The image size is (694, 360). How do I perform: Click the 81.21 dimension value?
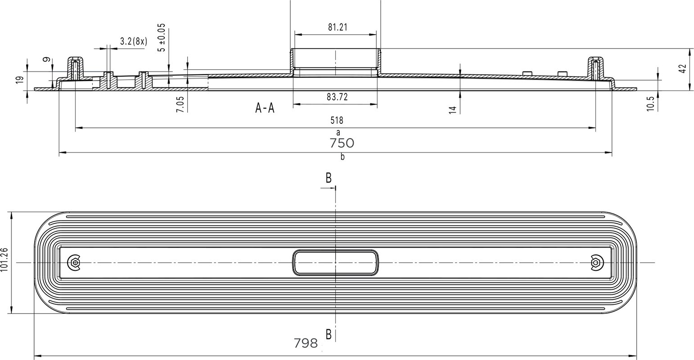pyautogui.click(x=338, y=27)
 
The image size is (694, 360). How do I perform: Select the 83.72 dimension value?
pyautogui.click(x=337, y=97)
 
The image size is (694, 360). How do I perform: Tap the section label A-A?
pyautogui.click(x=265, y=108)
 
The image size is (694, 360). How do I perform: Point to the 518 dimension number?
pyautogui.click(x=337, y=120)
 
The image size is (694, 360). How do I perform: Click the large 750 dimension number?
pyautogui.click(x=342, y=143)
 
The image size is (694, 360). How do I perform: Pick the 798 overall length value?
pyautogui.click(x=306, y=343)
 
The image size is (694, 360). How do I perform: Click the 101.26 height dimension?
pyautogui.click(x=4, y=260)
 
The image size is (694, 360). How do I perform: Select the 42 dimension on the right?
pyautogui.click(x=683, y=68)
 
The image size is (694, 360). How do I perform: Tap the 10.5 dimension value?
pyautogui.click(x=650, y=103)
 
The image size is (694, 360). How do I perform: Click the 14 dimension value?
pyautogui.click(x=453, y=110)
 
